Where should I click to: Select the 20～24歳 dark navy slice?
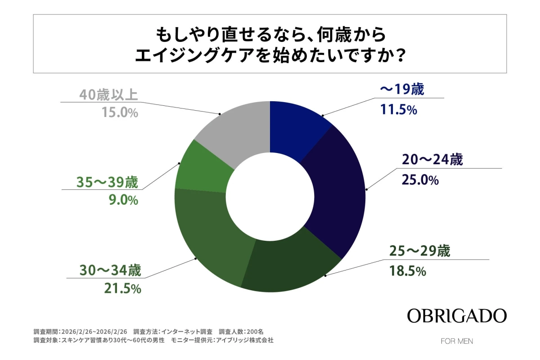(x=335, y=189)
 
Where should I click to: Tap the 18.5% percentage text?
(x=406, y=271)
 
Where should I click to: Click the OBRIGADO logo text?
(x=457, y=316)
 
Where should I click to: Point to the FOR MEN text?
(x=457, y=341)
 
